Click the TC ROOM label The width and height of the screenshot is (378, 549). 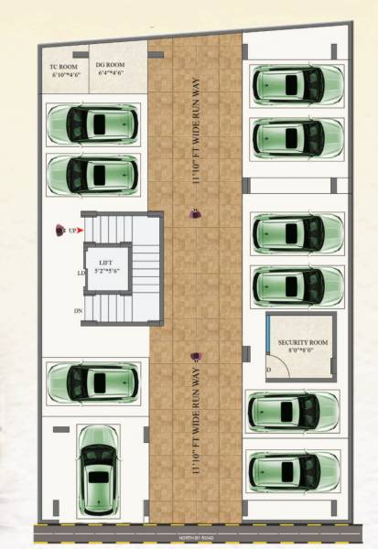coord(65,66)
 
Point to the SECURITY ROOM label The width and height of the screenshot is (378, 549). coord(297,341)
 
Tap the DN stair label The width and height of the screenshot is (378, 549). coord(79,311)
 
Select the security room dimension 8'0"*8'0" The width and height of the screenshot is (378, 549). coord(297,350)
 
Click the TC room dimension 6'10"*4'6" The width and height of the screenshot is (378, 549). coord(65,75)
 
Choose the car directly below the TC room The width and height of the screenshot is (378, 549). coord(92,124)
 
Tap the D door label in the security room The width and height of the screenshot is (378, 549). coord(269,370)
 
